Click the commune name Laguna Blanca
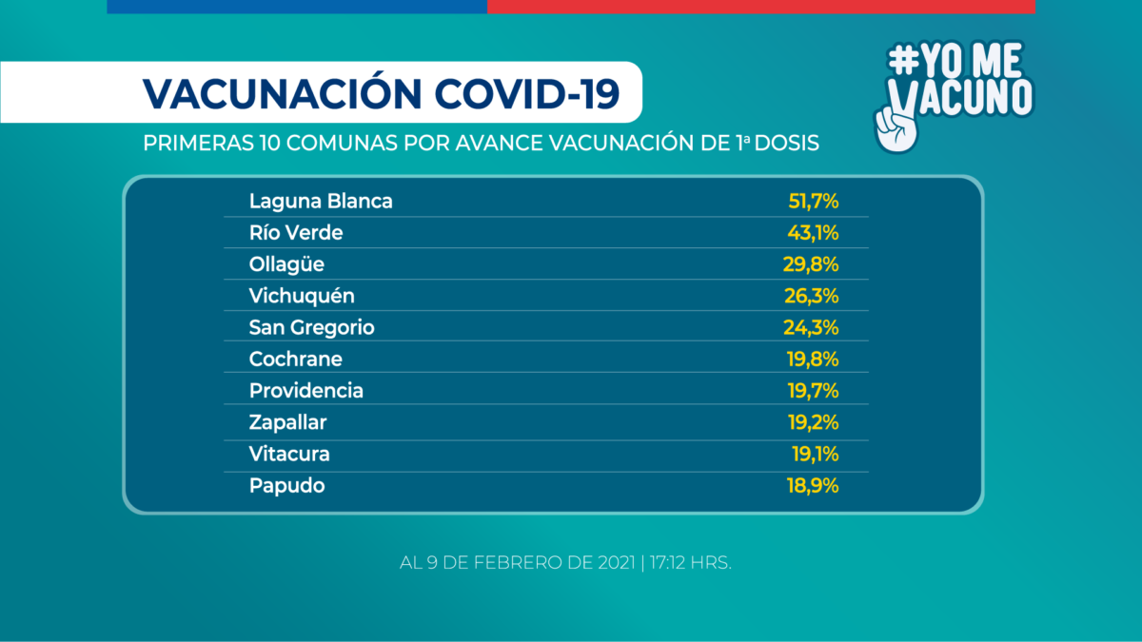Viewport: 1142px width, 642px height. pos(321,202)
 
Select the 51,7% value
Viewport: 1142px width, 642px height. pos(813,202)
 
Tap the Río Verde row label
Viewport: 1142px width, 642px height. pos(296,233)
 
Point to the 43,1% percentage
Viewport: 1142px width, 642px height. pos(814,233)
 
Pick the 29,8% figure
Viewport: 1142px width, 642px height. pos(812,264)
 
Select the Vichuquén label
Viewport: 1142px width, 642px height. pos(302,296)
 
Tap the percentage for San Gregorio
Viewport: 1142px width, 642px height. pos(812,327)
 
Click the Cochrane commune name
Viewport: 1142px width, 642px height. pos(296,359)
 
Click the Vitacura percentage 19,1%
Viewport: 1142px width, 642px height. pos(815,454)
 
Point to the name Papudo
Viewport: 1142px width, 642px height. pos(287,485)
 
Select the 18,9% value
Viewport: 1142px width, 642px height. pos(813,485)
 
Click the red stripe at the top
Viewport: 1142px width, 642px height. pos(760,7)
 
